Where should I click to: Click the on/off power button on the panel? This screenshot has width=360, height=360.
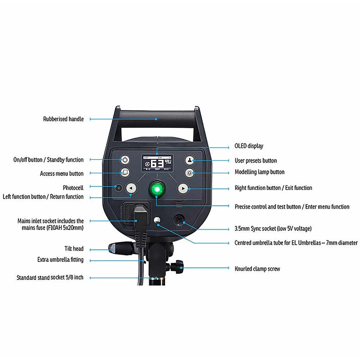tap(125, 160)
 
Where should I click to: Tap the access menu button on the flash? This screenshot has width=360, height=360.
tap(125, 172)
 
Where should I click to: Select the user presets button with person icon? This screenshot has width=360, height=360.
tap(190, 160)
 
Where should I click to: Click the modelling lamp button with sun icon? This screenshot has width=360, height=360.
tap(190, 173)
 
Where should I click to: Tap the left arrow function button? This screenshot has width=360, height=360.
tap(131, 188)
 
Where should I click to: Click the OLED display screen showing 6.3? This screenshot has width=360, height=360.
tap(157, 163)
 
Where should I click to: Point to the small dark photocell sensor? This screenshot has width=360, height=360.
tap(118, 188)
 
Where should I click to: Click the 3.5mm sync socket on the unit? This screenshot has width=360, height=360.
tap(179, 219)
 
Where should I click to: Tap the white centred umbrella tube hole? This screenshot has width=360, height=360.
tap(157, 220)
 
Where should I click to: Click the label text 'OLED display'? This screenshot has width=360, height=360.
tap(249, 146)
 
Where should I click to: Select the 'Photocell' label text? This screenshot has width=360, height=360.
tap(73, 188)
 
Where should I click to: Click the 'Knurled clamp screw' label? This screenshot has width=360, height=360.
tap(257, 269)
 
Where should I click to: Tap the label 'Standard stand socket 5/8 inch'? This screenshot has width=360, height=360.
tap(50, 278)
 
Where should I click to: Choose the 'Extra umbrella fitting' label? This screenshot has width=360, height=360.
tap(60, 260)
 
